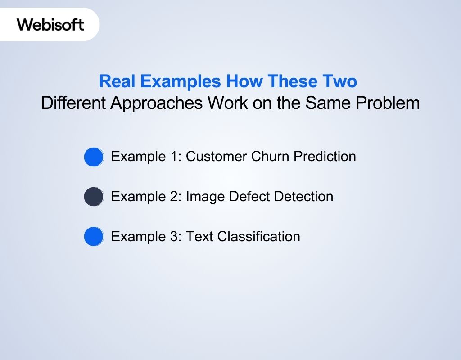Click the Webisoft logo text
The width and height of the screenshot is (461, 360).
point(50,24)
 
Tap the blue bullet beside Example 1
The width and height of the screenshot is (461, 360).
point(94,157)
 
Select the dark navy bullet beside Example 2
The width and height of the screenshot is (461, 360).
point(94,197)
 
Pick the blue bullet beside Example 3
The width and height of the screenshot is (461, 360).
point(94,237)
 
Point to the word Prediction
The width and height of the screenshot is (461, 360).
point(325,156)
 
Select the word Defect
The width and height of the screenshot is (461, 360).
point(250,196)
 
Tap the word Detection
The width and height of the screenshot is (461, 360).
point(304,196)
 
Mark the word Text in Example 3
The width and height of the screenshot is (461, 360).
point(199,236)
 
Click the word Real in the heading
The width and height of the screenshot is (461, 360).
point(117,82)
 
